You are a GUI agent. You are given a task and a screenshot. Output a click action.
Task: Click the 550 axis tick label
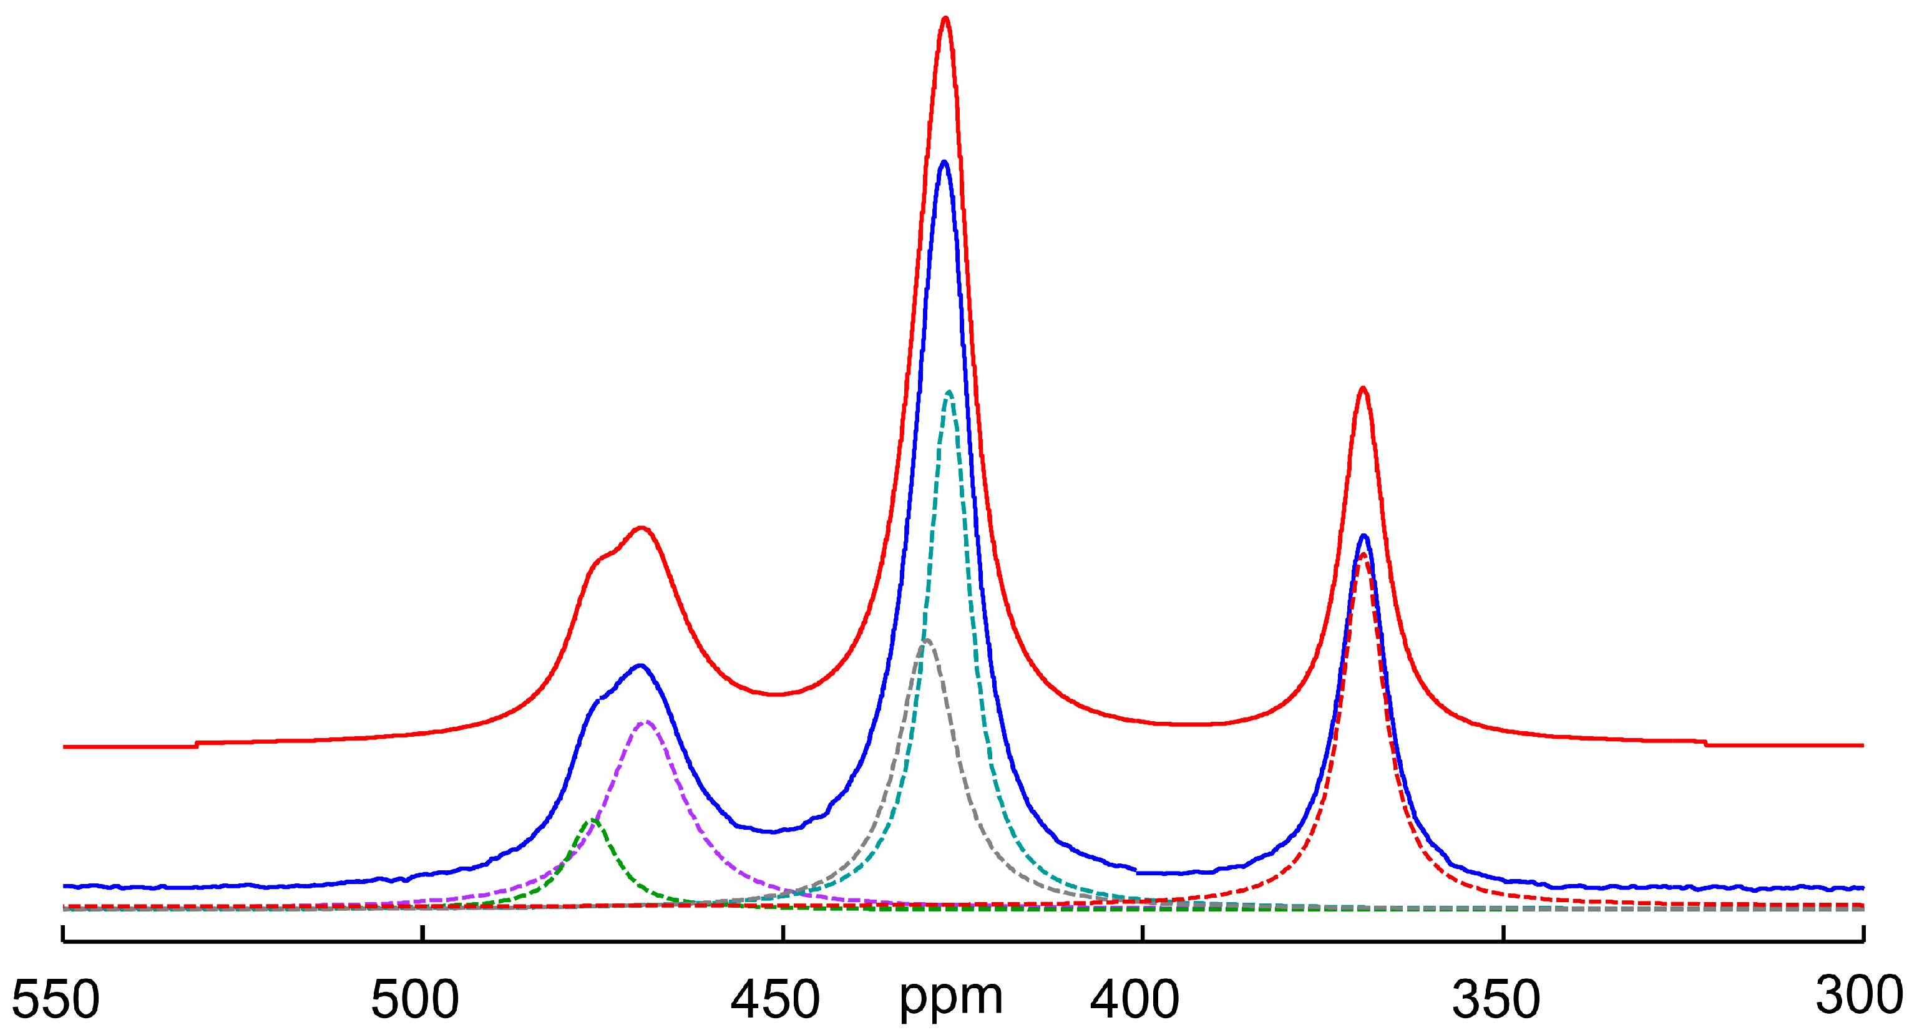[56, 999]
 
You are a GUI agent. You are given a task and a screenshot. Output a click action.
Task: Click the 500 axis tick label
[415, 999]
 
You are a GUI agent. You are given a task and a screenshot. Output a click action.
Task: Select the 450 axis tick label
[776, 999]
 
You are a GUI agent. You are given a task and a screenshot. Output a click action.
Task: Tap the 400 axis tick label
[1134, 999]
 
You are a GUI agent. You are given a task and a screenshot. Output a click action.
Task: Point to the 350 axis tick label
[1496, 999]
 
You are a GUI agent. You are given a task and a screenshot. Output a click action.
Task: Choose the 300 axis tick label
[1859, 995]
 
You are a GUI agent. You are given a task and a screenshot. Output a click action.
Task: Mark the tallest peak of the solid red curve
[945, 18]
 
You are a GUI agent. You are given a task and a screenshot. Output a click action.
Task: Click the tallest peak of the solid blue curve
[944, 162]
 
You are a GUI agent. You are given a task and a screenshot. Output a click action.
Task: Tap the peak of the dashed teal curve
[950, 392]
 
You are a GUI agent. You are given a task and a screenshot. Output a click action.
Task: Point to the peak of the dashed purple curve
[646, 722]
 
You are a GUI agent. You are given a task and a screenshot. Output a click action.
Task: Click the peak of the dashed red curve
[1363, 555]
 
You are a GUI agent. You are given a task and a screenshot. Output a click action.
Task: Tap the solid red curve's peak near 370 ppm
[1363, 389]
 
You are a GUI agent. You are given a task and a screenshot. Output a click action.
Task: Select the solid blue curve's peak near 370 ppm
[1364, 537]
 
